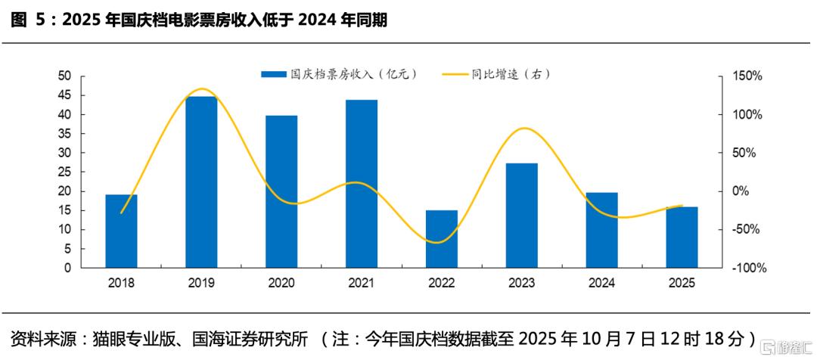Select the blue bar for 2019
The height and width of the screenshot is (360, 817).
point(201,182)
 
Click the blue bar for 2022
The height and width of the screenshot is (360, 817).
point(441,239)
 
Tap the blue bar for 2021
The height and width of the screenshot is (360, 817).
point(362,184)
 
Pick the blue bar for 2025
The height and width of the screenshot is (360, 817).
point(682,237)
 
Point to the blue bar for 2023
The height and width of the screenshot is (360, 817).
point(522,216)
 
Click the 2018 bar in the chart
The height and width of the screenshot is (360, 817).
point(121,231)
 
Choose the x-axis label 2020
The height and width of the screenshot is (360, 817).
point(281,283)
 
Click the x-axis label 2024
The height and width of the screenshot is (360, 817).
point(601,283)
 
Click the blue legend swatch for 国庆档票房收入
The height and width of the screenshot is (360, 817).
point(274,74)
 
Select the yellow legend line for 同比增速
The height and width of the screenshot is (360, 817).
point(453,74)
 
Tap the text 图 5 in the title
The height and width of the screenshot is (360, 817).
point(29,20)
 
